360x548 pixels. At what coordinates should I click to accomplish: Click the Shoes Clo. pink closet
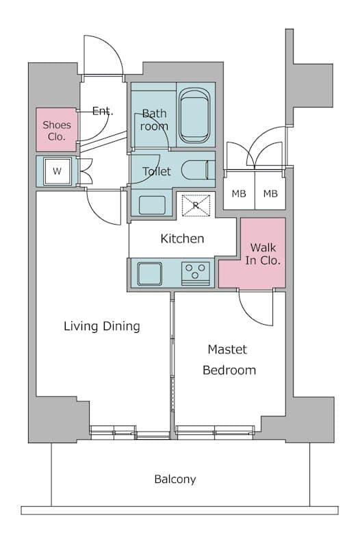pyautogui.click(x=57, y=129)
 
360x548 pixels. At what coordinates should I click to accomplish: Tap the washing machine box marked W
pyautogui.click(x=57, y=171)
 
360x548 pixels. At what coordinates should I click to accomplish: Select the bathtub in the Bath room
pyautogui.click(x=196, y=114)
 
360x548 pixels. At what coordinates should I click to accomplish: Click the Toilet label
pyautogui.click(x=156, y=171)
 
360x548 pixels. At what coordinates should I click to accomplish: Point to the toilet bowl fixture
pyautogui.click(x=198, y=170)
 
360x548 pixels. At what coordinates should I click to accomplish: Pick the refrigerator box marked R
pyautogui.click(x=195, y=205)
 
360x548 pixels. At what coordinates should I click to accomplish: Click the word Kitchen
pyautogui.click(x=182, y=238)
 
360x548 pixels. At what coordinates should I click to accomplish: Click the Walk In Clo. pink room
pyautogui.click(x=263, y=253)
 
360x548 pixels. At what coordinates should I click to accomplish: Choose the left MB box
pyautogui.click(x=238, y=194)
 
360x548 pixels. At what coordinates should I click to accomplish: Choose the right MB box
pyautogui.click(x=271, y=194)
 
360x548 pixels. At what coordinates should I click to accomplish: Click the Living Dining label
pyautogui.click(x=101, y=326)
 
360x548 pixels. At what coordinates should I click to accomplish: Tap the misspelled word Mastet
pyautogui.click(x=227, y=349)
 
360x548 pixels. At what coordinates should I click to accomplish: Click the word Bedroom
pyautogui.click(x=229, y=371)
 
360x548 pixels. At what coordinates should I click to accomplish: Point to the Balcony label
pyautogui.click(x=175, y=479)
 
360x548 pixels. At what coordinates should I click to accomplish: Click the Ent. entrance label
pyautogui.click(x=103, y=111)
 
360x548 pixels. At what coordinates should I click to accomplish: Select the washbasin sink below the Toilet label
pyautogui.click(x=151, y=205)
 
